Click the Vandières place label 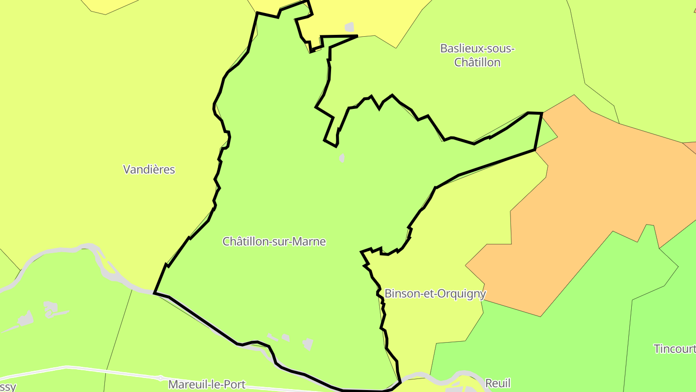[149, 169]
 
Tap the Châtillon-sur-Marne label [274, 241]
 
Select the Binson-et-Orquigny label [435, 294]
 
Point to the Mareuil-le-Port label [207, 385]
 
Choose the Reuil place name [498, 383]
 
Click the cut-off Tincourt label [674, 348]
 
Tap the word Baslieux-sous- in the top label [478, 48]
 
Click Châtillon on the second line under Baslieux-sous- [478, 62]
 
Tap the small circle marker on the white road [160, 377]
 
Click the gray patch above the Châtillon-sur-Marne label [342, 158]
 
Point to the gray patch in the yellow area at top [349, 27]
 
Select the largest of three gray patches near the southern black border [308, 344]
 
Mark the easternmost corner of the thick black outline [542, 113]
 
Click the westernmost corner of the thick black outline [154, 293]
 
